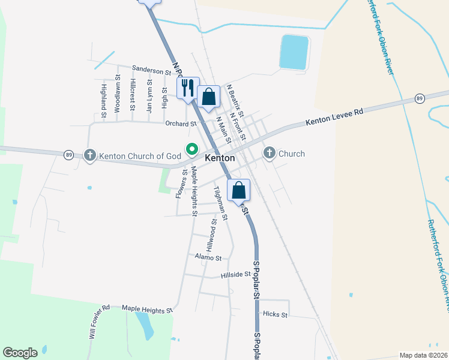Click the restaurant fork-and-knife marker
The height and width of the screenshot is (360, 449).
click(x=187, y=88)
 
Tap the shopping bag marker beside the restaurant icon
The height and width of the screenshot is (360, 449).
click(x=208, y=97)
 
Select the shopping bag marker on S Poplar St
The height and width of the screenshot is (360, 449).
click(x=239, y=190)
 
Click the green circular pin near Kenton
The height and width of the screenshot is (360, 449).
click(x=193, y=148)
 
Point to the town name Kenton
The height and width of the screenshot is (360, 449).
click(x=219, y=158)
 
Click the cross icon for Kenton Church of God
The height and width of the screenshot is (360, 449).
click(x=90, y=156)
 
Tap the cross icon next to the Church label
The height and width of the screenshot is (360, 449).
click(x=269, y=154)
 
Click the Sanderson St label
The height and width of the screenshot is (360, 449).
click(x=151, y=71)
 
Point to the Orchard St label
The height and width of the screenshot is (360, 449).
click(x=181, y=124)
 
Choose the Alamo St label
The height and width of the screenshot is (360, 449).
click(x=208, y=257)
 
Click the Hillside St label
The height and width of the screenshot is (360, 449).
click(x=235, y=274)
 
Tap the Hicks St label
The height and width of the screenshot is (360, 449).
click(x=276, y=314)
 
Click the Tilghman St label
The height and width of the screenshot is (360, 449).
click(x=220, y=203)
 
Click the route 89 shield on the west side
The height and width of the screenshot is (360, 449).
click(x=69, y=155)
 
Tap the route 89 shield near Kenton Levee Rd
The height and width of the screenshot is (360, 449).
click(x=420, y=98)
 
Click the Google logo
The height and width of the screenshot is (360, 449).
click(x=20, y=353)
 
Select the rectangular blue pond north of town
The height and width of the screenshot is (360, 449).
click(x=294, y=51)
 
